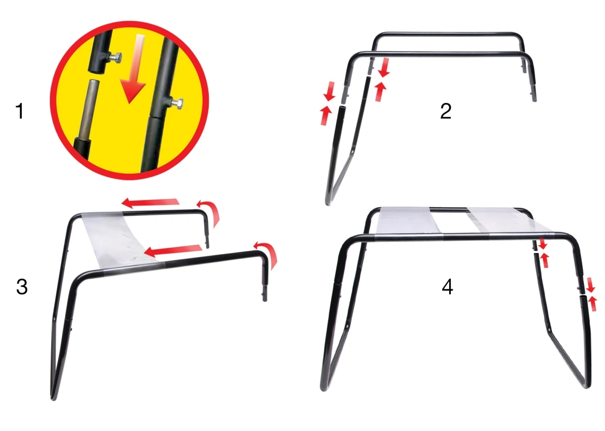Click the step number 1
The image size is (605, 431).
[x=20, y=111]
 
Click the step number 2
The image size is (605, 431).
[x=446, y=111]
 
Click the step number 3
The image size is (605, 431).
[x=22, y=286]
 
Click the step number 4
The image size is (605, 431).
[x=447, y=286]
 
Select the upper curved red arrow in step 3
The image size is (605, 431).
[x=209, y=213]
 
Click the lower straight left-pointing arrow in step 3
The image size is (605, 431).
[x=173, y=251]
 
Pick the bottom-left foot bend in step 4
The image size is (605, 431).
[x=324, y=387]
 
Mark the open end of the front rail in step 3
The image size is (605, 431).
[x=265, y=299]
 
